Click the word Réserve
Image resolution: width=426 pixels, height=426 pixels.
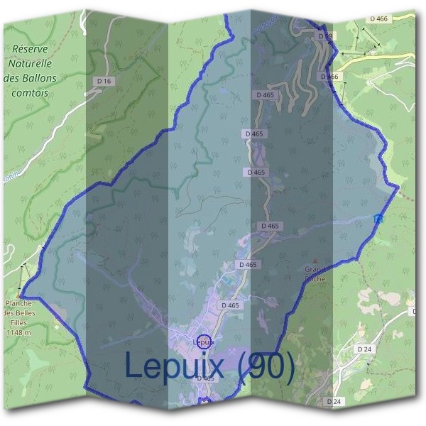tap(34, 49)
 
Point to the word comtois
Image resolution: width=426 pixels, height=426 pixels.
tap(31, 92)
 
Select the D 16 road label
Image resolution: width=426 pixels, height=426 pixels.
tap(104, 82)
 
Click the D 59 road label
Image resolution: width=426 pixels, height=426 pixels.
tap(324, 35)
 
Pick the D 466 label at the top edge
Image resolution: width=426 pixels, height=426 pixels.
tap(379, 18)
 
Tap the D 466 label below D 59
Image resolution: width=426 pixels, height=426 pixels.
tap(329, 76)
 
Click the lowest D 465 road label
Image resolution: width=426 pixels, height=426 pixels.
tap(205, 378)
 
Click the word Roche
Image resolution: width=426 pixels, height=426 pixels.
tap(315, 278)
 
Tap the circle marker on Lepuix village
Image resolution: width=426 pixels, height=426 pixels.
tap(204, 342)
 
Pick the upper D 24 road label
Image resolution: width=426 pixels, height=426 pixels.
tap(365, 349)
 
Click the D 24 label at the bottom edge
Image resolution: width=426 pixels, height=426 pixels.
tap(334, 402)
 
